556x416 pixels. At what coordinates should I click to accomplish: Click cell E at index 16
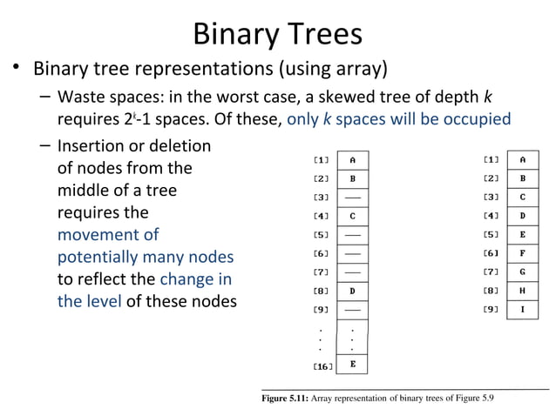[x=352, y=365]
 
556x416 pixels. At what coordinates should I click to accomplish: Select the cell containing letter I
[x=522, y=309]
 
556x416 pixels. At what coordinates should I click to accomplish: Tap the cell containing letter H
[x=522, y=291]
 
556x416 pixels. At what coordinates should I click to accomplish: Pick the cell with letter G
[x=522, y=272]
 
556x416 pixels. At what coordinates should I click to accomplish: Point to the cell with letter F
[x=522, y=253]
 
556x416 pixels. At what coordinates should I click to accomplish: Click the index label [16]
[x=322, y=366]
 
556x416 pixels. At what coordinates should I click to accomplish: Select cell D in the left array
[x=352, y=291]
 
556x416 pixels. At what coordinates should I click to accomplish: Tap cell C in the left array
[x=352, y=215]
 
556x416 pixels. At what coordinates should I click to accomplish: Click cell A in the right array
[x=522, y=159]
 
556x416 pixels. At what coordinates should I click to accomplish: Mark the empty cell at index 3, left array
[x=352, y=197]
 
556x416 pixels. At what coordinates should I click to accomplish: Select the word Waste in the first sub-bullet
[x=79, y=95]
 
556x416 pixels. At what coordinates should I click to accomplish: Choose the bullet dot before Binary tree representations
[x=15, y=69]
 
